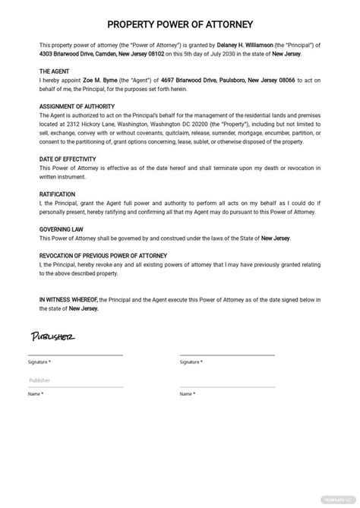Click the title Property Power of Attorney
(180, 24)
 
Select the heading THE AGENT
(55, 71)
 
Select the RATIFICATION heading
(58, 193)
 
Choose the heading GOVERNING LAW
(62, 229)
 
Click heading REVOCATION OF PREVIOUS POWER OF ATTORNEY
(103, 256)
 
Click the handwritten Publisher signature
(52, 336)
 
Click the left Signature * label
(38, 362)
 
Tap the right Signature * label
(190, 362)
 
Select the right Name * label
(187, 394)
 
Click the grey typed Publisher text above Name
(39, 380)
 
